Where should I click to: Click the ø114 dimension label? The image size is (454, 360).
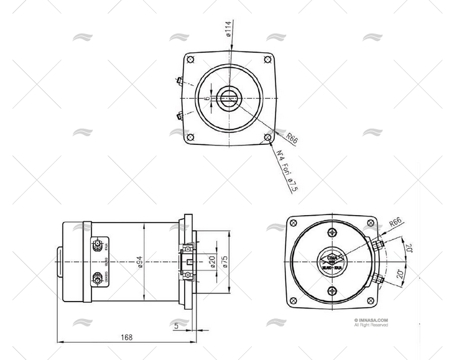click(x=229, y=28)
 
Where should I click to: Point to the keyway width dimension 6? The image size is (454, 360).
click(x=208, y=98)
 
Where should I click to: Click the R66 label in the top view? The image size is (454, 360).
click(x=291, y=138)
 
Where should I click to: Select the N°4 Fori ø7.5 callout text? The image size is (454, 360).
click(x=284, y=170)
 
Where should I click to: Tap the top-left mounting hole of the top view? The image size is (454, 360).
click(x=190, y=60)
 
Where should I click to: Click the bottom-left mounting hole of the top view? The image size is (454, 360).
click(x=190, y=137)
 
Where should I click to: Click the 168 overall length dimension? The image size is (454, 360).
click(x=126, y=338)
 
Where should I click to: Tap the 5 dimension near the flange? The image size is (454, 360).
click(x=176, y=325)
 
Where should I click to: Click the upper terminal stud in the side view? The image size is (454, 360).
click(x=97, y=246)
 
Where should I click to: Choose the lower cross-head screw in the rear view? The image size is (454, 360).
click(x=331, y=291)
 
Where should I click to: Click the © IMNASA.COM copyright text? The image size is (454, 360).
click(x=371, y=321)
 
